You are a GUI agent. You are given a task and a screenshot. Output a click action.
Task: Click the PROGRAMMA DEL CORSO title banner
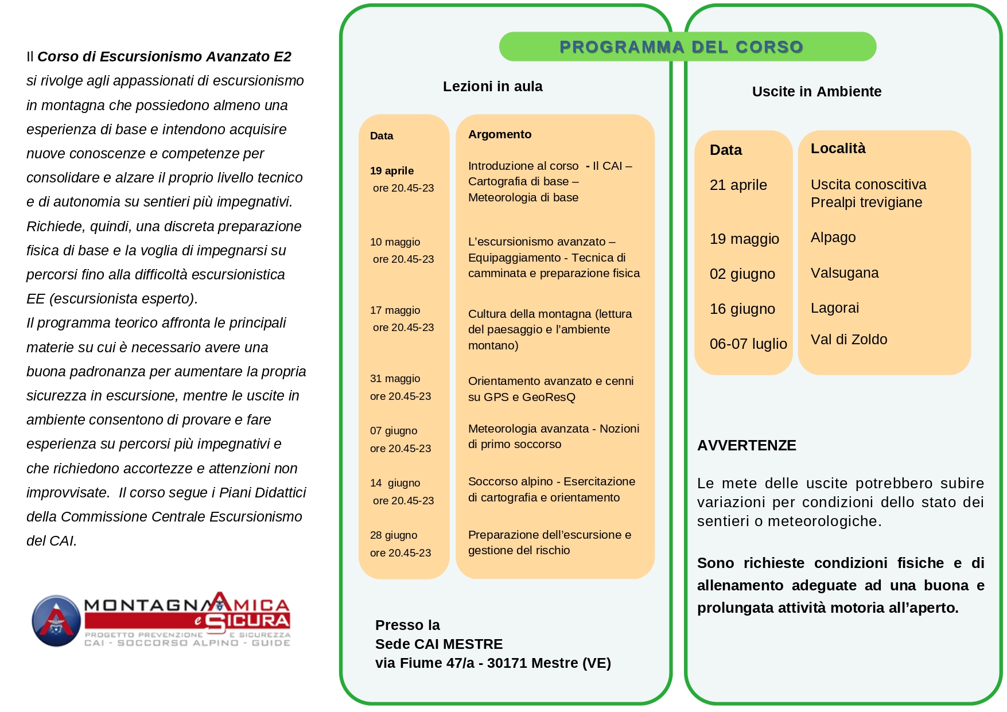pos(681,47)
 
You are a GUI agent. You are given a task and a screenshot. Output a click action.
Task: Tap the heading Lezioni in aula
pos(492,87)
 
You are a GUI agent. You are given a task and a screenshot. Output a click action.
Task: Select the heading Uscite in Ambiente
pos(817,92)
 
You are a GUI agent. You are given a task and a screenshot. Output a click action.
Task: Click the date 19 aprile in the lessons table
pos(392,171)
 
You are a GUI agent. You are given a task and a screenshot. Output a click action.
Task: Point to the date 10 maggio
pos(395,242)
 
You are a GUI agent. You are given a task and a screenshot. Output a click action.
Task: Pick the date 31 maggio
pos(395,379)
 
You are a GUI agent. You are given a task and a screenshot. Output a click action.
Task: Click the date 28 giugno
pos(394,535)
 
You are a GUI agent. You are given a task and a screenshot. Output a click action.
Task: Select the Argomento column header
pos(500,134)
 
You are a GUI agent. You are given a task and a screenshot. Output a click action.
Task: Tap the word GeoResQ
pos(549,397)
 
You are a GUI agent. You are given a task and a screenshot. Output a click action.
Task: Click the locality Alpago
pos(833,238)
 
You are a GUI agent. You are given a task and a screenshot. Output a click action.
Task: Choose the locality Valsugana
pos(845,273)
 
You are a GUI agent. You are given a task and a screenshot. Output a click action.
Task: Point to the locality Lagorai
pos(835,308)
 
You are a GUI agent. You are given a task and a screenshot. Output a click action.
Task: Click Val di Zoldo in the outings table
pos(849,340)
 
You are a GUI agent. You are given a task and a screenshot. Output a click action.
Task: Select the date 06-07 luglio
pos(748,344)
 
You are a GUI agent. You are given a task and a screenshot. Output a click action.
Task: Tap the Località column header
pos(838,149)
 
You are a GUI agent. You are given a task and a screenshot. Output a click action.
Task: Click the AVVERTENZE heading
pos(746,446)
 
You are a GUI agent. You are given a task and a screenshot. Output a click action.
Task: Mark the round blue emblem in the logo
pos(56,621)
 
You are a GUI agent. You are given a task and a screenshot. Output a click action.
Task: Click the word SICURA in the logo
pos(248,621)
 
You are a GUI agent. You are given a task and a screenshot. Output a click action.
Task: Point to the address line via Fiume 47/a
pos(493,663)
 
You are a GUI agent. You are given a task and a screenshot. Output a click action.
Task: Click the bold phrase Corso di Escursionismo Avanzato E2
pos(164,57)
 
